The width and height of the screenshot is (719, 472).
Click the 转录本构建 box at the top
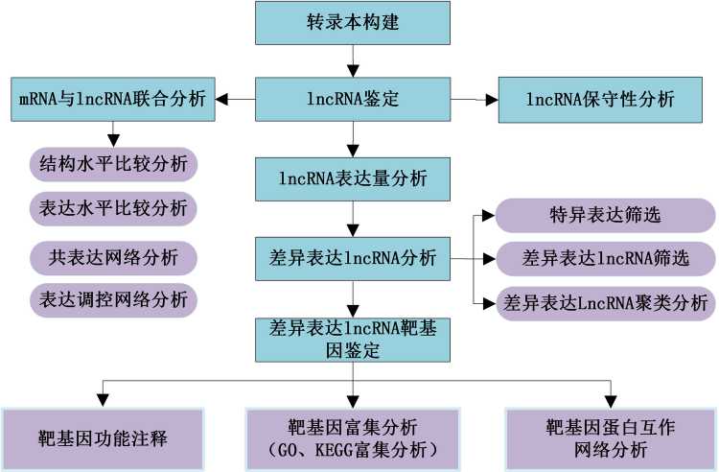(353, 23)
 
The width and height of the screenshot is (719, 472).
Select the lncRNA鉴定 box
(353, 99)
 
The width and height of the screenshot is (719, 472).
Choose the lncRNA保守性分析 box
(601, 99)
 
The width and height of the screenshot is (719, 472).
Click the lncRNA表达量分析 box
(353, 177)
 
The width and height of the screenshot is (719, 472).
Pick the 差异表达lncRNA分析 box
(353, 258)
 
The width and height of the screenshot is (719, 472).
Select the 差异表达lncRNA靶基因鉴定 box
(353, 339)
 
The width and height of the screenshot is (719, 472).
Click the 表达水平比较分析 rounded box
(113, 207)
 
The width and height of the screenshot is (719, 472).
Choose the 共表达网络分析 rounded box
(113, 256)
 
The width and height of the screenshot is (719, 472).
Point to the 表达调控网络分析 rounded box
(113, 297)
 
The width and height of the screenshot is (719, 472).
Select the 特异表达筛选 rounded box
(604, 215)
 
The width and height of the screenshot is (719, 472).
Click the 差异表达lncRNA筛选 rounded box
(604, 258)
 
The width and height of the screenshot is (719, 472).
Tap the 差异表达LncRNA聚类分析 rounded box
(604, 303)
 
